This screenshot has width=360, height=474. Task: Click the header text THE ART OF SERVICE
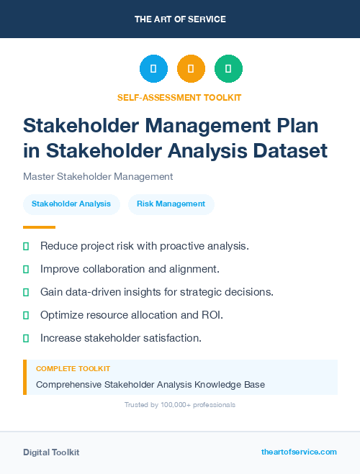pyautogui.click(x=180, y=19)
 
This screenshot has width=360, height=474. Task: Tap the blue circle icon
pyautogui.click(x=153, y=69)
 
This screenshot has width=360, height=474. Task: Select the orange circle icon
pyautogui.click(x=191, y=69)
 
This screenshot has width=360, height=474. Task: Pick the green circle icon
pyautogui.click(x=228, y=69)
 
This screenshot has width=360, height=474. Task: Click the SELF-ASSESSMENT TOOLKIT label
pyautogui.click(x=179, y=97)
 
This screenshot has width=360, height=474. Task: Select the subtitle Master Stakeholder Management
pyautogui.click(x=98, y=176)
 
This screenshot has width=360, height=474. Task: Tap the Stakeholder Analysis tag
pyautogui.click(x=71, y=204)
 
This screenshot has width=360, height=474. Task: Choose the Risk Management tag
pyautogui.click(x=171, y=204)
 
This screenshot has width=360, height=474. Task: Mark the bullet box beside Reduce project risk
pyautogui.click(x=26, y=247)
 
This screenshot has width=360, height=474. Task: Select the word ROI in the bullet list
pyautogui.click(x=212, y=315)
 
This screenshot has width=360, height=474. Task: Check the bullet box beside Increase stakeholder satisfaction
pyautogui.click(x=26, y=338)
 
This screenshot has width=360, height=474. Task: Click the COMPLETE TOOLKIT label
pyautogui.click(x=73, y=368)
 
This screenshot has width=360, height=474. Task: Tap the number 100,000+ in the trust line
pyautogui.click(x=173, y=405)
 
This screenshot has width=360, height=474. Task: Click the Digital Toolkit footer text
pyautogui.click(x=51, y=452)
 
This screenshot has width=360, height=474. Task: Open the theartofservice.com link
pyautogui.click(x=299, y=452)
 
